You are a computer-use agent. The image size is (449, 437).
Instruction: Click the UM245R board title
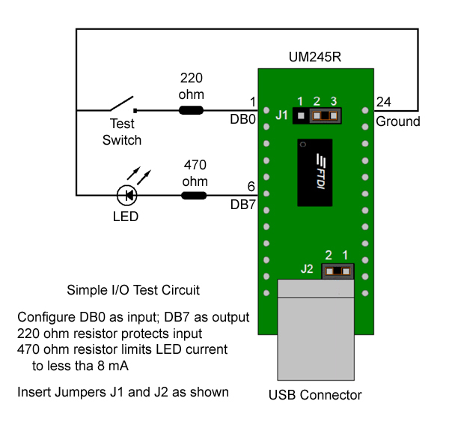(314, 57)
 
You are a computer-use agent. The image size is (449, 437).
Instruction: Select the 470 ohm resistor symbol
(195, 196)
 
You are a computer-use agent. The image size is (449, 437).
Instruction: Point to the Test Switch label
(122, 132)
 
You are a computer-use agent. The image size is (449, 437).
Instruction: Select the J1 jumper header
(317, 116)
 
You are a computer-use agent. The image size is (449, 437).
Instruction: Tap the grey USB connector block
(314, 331)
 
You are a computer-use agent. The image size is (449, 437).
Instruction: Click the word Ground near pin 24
(398, 121)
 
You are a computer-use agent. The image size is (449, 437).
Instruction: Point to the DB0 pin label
(244, 118)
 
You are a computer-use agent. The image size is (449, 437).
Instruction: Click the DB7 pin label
(244, 203)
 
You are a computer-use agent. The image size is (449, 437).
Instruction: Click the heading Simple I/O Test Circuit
(133, 290)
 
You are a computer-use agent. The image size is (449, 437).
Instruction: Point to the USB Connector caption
(315, 395)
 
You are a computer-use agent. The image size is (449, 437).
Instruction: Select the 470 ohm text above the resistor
(195, 173)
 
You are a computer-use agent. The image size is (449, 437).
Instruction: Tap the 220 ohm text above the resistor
(191, 86)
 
